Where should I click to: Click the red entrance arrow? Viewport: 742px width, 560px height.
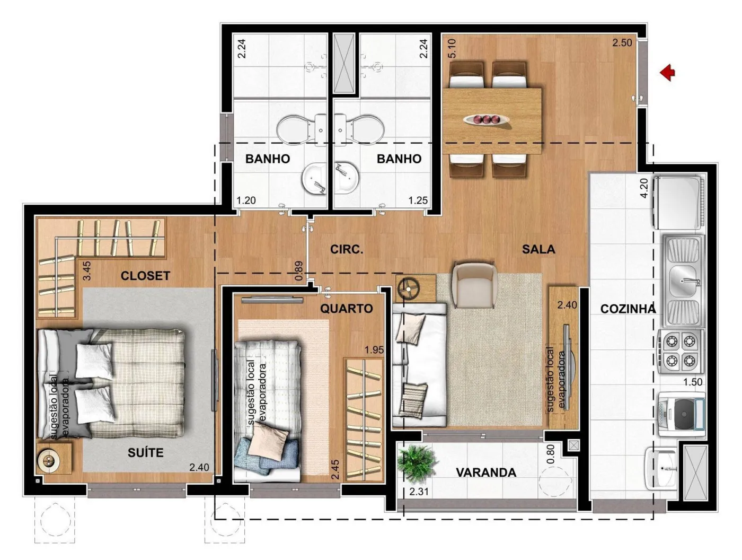coord(668,73)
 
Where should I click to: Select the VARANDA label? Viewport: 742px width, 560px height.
coord(486,472)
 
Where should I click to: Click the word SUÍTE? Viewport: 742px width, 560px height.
coord(145,452)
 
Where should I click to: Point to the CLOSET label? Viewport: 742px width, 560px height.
coord(145,276)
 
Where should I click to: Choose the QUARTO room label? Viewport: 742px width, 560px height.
coord(347,309)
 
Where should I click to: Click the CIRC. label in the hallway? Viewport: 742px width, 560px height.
coord(347,250)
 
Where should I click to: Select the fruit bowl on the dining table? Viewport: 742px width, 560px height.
coord(487,120)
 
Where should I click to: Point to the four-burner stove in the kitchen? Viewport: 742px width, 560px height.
coord(681,352)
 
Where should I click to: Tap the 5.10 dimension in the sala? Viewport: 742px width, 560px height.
coord(452,48)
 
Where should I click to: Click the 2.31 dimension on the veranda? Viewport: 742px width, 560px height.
coord(419,492)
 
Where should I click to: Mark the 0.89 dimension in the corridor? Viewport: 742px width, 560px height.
coord(299,271)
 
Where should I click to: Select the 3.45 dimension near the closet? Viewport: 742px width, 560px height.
coord(87,270)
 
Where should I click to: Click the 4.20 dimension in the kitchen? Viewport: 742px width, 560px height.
coord(644,188)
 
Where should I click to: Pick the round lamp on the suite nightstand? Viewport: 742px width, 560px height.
coord(49,460)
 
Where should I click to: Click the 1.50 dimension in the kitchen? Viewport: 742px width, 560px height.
coord(693,382)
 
